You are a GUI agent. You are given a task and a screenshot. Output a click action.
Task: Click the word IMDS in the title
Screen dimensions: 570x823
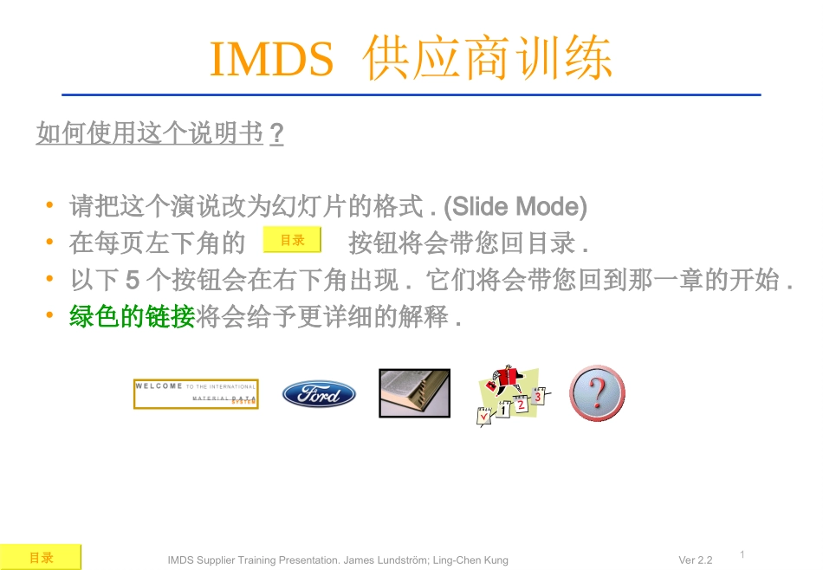tap(271, 59)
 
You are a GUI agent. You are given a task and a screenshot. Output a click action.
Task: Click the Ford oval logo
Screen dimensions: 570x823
tap(319, 394)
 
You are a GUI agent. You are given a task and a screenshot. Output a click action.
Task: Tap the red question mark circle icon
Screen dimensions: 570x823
tap(597, 393)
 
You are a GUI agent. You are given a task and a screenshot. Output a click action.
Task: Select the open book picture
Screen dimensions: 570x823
tap(414, 393)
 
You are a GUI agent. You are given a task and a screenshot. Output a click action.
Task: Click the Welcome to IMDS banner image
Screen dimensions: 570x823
tap(196, 394)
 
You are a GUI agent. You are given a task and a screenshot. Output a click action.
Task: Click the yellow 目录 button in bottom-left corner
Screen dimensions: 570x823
tap(41, 558)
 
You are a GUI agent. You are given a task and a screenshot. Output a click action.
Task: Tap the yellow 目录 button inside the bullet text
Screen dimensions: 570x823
tap(292, 241)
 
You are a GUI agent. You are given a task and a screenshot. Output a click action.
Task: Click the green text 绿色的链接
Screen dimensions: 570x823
tap(132, 318)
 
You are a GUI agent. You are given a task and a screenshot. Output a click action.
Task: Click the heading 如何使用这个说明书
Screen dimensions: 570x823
tap(149, 134)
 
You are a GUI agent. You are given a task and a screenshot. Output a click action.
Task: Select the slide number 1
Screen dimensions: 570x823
tap(743, 554)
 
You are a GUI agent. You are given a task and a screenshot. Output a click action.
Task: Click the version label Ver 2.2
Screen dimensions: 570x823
tap(695, 560)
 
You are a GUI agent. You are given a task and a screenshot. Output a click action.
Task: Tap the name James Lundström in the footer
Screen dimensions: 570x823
tap(384, 560)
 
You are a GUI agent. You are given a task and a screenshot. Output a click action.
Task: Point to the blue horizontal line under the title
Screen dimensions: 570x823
tap(411, 94)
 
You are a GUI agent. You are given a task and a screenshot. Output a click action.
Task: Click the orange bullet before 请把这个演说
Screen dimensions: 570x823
tap(50, 207)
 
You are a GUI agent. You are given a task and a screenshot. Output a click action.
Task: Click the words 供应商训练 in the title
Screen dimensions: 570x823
tap(489, 59)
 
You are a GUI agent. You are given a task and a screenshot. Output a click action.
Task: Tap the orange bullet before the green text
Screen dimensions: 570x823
tap(50, 318)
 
